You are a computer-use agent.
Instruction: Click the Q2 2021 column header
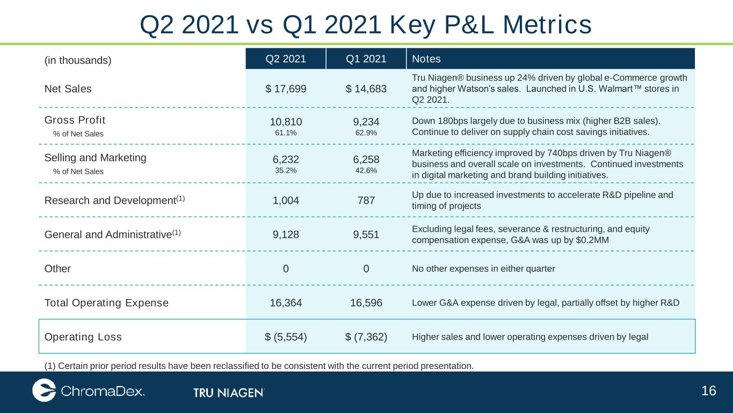point(286,59)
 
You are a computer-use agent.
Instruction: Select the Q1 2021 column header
point(366,59)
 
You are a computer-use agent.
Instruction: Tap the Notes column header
point(426,59)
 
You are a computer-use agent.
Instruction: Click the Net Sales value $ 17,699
point(286,89)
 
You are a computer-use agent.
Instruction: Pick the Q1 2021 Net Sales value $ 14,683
point(366,89)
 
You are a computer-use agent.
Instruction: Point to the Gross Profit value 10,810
point(286,122)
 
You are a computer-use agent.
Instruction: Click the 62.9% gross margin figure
point(366,133)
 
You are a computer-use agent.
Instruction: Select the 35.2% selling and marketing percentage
point(286,170)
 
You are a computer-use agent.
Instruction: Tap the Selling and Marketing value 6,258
point(366,159)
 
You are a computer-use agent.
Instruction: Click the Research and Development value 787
point(366,200)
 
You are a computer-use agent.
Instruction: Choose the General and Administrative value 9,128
point(286,234)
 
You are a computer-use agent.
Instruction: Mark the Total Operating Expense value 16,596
point(366,303)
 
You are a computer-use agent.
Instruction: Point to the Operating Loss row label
point(83,337)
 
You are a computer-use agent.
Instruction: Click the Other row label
point(57,268)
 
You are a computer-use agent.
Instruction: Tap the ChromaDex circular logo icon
point(44,390)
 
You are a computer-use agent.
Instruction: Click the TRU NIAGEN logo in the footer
point(229,393)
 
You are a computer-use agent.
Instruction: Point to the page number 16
point(709,391)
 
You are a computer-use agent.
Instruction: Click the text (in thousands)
point(78,60)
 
